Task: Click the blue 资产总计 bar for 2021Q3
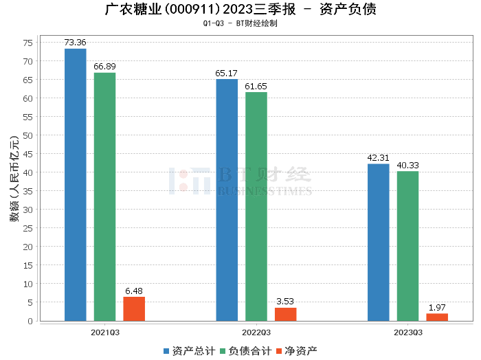[76, 185]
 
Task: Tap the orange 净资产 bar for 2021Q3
[134, 308]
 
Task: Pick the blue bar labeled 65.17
[227, 200]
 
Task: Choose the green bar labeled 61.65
[256, 206]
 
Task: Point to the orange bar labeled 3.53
[286, 314]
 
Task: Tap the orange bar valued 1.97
[437, 317]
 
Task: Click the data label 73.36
[76, 43]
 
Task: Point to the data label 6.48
[134, 291]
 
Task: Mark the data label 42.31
[379, 158]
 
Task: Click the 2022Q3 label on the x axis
[256, 333]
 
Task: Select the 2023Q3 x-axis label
[408, 333]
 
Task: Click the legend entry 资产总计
[188, 351]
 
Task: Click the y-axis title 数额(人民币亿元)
[14, 180]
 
